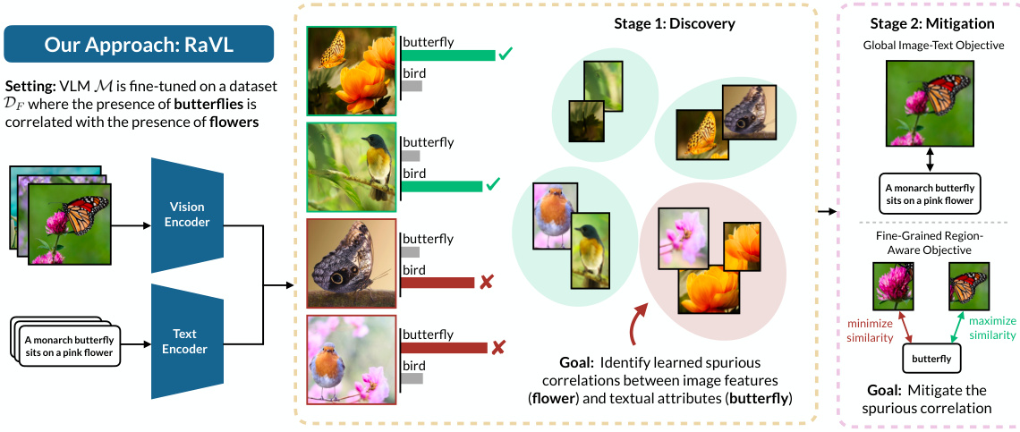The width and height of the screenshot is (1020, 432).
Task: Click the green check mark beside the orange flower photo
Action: (506, 55)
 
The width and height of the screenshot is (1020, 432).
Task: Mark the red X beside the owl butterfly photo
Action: (487, 283)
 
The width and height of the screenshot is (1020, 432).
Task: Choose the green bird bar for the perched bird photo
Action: (442, 186)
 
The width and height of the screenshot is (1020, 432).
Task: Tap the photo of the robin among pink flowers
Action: (350, 358)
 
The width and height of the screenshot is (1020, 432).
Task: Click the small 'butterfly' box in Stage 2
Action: (931, 360)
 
